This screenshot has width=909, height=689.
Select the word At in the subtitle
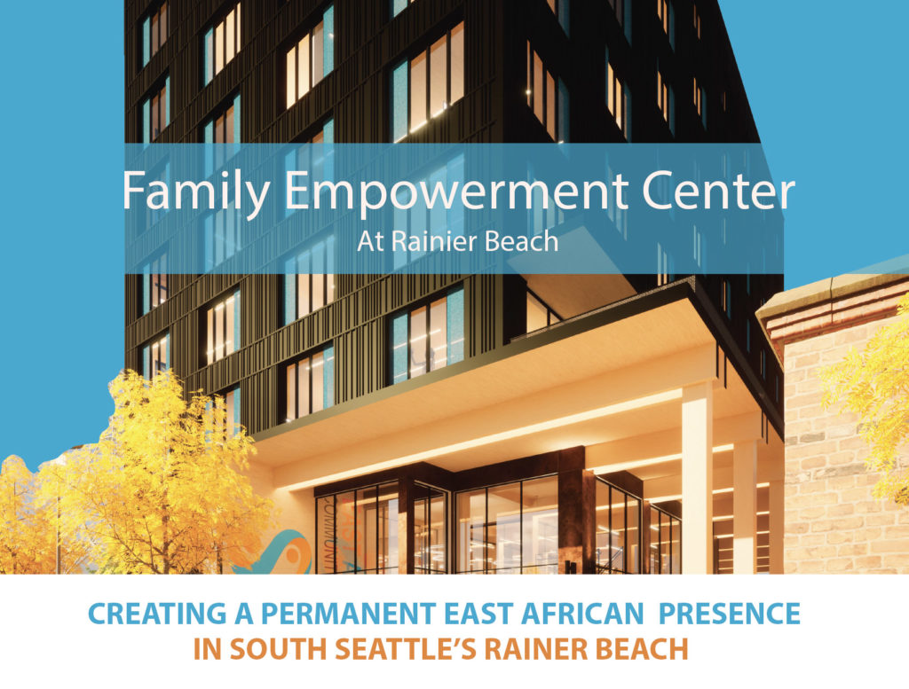(x=371, y=242)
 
